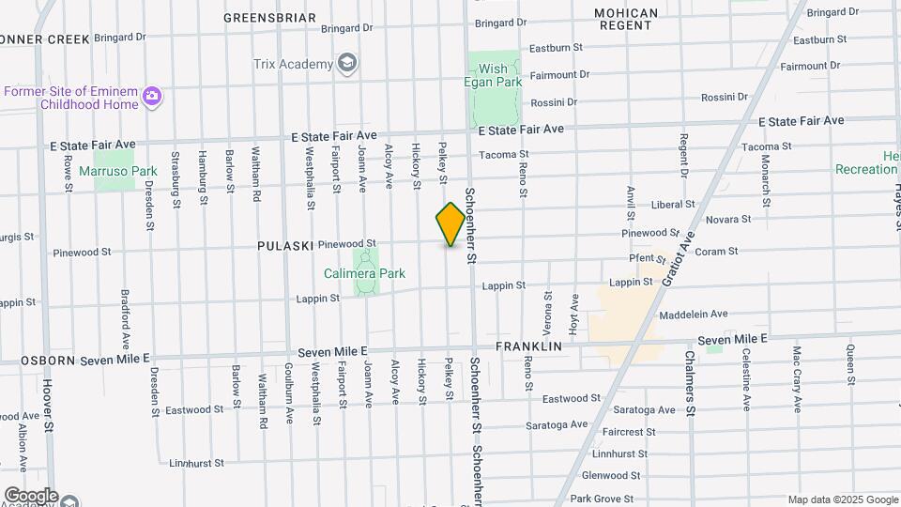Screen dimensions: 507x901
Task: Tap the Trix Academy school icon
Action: click(348, 64)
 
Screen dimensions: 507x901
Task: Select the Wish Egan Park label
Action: click(493, 75)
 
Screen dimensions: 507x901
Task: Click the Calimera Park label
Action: click(364, 273)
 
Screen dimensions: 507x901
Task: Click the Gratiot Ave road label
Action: click(680, 254)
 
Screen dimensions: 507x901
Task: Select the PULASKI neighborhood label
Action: click(285, 245)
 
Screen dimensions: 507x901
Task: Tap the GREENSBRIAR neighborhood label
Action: click(270, 18)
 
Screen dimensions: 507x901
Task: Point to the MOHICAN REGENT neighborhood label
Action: click(625, 19)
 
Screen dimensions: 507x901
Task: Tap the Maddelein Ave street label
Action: click(694, 315)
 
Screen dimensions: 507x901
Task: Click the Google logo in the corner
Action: click(31, 495)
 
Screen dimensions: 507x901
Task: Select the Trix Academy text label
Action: click(293, 64)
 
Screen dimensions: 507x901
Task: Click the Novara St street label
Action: click(728, 219)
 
